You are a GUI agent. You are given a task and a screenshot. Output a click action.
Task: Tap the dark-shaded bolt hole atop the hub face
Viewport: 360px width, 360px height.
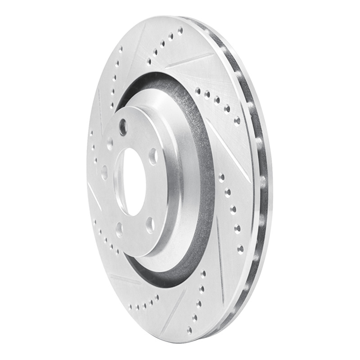122,126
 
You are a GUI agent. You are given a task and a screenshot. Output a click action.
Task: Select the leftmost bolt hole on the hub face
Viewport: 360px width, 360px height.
104,172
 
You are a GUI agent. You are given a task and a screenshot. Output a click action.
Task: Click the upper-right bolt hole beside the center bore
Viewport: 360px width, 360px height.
153,155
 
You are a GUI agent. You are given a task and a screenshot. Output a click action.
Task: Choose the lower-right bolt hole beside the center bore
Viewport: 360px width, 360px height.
150,224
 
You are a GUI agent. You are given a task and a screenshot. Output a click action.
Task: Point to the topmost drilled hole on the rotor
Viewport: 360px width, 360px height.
180,31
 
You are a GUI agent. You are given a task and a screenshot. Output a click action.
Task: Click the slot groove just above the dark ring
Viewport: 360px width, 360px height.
189,60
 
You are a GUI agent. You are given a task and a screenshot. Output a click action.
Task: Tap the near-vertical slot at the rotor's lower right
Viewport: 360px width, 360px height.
220,252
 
